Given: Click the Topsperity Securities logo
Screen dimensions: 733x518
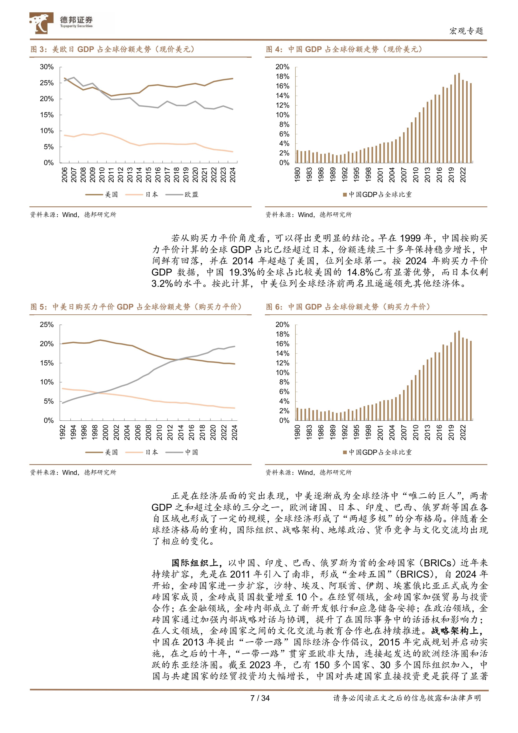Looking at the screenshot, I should click(x=61, y=23).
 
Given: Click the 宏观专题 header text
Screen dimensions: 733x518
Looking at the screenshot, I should click(x=466, y=31).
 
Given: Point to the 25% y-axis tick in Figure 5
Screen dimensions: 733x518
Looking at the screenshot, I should click(x=47, y=325).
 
